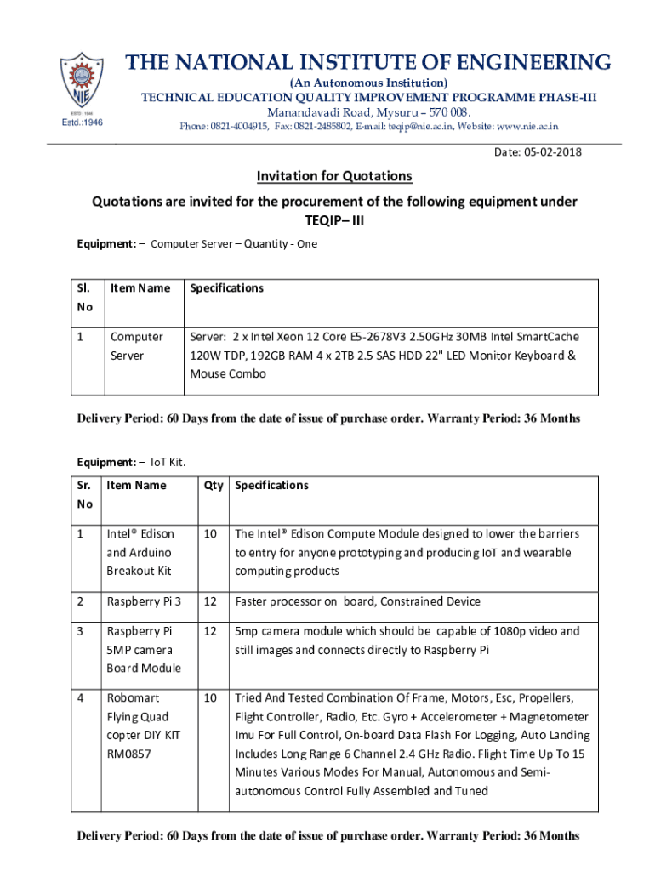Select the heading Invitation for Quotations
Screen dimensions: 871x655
click(x=334, y=176)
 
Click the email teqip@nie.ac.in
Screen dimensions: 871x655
click(x=421, y=127)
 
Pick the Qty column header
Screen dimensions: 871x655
click(x=214, y=485)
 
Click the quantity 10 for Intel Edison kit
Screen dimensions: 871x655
click(x=210, y=534)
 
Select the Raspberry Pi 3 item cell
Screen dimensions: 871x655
click(x=143, y=601)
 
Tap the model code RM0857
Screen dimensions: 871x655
click(x=128, y=754)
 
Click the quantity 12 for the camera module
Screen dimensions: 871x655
click(x=210, y=631)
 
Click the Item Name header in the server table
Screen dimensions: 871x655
click(x=140, y=288)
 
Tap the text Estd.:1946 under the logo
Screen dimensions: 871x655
click(x=83, y=122)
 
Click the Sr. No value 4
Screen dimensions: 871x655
click(x=80, y=698)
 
